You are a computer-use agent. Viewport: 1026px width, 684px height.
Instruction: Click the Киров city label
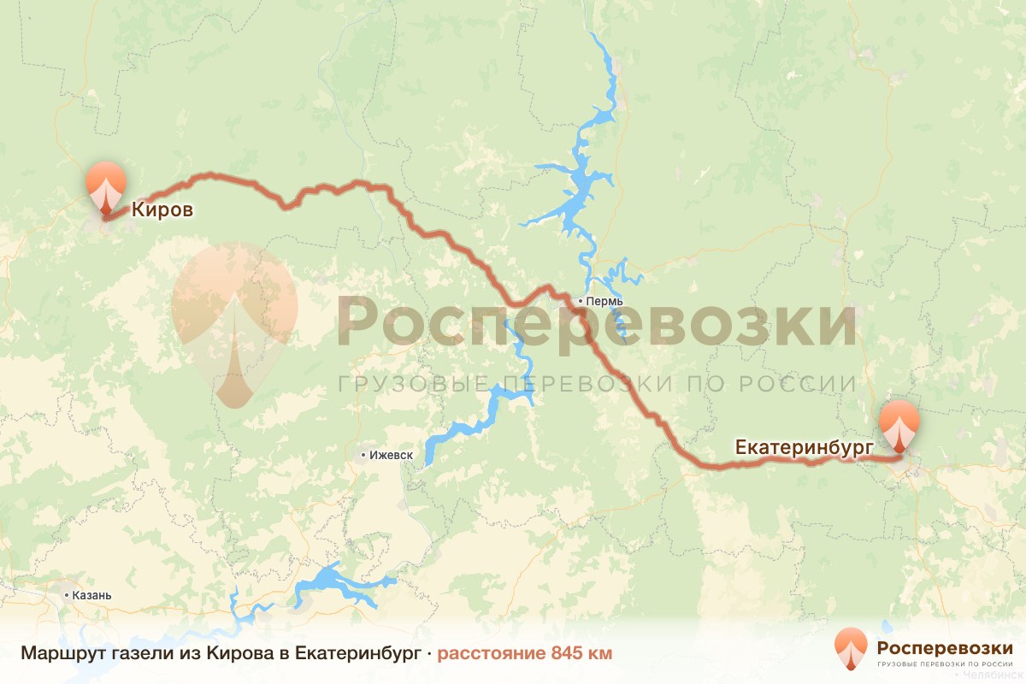click(162, 209)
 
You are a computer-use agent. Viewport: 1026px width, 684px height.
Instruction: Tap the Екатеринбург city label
click(804, 447)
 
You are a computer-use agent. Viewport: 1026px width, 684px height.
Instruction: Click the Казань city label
click(92, 594)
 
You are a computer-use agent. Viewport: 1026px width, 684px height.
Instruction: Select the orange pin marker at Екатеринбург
click(899, 426)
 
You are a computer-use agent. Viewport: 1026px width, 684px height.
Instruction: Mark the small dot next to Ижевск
click(363, 456)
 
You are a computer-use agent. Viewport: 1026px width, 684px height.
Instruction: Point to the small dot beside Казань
click(68, 594)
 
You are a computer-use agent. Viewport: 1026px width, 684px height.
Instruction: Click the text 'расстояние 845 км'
click(525, 654)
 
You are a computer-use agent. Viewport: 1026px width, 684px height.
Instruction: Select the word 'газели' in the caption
click(133, 654)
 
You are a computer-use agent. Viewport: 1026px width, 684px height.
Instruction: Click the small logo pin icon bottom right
click(851, 648)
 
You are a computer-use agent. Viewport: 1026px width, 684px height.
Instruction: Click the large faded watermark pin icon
click(233, 321)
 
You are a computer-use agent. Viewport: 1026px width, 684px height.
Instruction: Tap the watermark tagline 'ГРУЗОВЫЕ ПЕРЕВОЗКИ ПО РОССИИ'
click(597, 383)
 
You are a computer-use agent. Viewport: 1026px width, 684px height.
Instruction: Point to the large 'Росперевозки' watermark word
click(597, 323)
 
